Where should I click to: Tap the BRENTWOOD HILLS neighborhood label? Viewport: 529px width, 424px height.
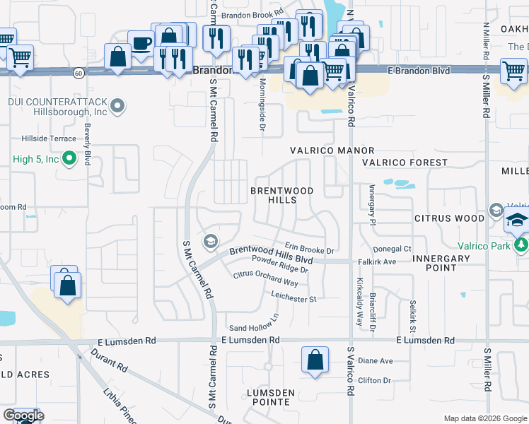point(282,196)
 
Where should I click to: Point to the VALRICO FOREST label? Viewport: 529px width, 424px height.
point(405,163)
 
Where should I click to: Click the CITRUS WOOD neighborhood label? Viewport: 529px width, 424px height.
point(450,219)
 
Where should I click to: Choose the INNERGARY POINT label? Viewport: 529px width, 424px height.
point(443,263)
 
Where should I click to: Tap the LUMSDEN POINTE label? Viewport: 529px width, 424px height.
point(267,396)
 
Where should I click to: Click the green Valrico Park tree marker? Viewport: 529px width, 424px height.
point(522,245)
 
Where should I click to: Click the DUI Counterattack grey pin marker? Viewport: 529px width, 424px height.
point(118,107)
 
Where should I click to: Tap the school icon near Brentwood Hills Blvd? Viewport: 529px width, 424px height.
point(209,242)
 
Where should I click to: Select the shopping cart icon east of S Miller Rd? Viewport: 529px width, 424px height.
point(513,71)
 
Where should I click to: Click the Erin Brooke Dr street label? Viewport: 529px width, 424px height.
point(309,250)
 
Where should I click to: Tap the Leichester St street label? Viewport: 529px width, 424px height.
point(292,299)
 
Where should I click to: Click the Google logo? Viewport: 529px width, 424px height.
point(23,416)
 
